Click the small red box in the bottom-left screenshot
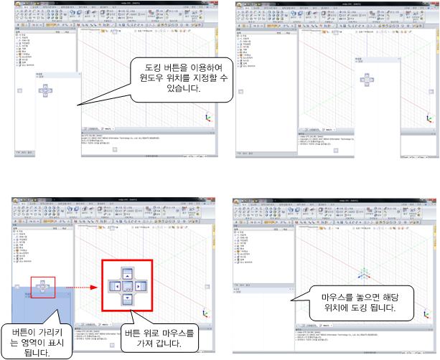coord(43,285)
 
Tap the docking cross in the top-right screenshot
coord(364,78)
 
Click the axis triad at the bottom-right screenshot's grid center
coord(365,275)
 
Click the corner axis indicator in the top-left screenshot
coord(208,119)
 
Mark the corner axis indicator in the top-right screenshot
coord(431,119)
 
